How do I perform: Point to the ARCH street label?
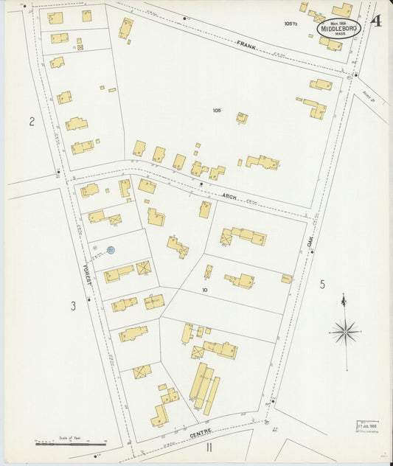pyautogui.click(x=229, y=195)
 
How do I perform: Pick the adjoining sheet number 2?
pyautogui.click(x=32, y=122)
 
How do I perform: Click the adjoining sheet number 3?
pyautogui.click(x=73, y=305)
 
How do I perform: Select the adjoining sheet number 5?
pyautogui.click(x=322, y=284)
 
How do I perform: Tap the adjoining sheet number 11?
pyautogui.click(x=209, y=447)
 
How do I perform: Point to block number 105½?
pyautogui.click(x=289, y=24)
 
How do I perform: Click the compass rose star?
pyautogui.click(x=344, y=332)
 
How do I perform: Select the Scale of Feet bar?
pyautogui.click(x=70, y=444)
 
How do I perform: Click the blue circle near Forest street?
pyautogui.click(x=111, y=251)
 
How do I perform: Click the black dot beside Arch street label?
pyautogui.click(x=201, y=184)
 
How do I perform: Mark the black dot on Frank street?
pyautogui.click(x=184, y=17)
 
